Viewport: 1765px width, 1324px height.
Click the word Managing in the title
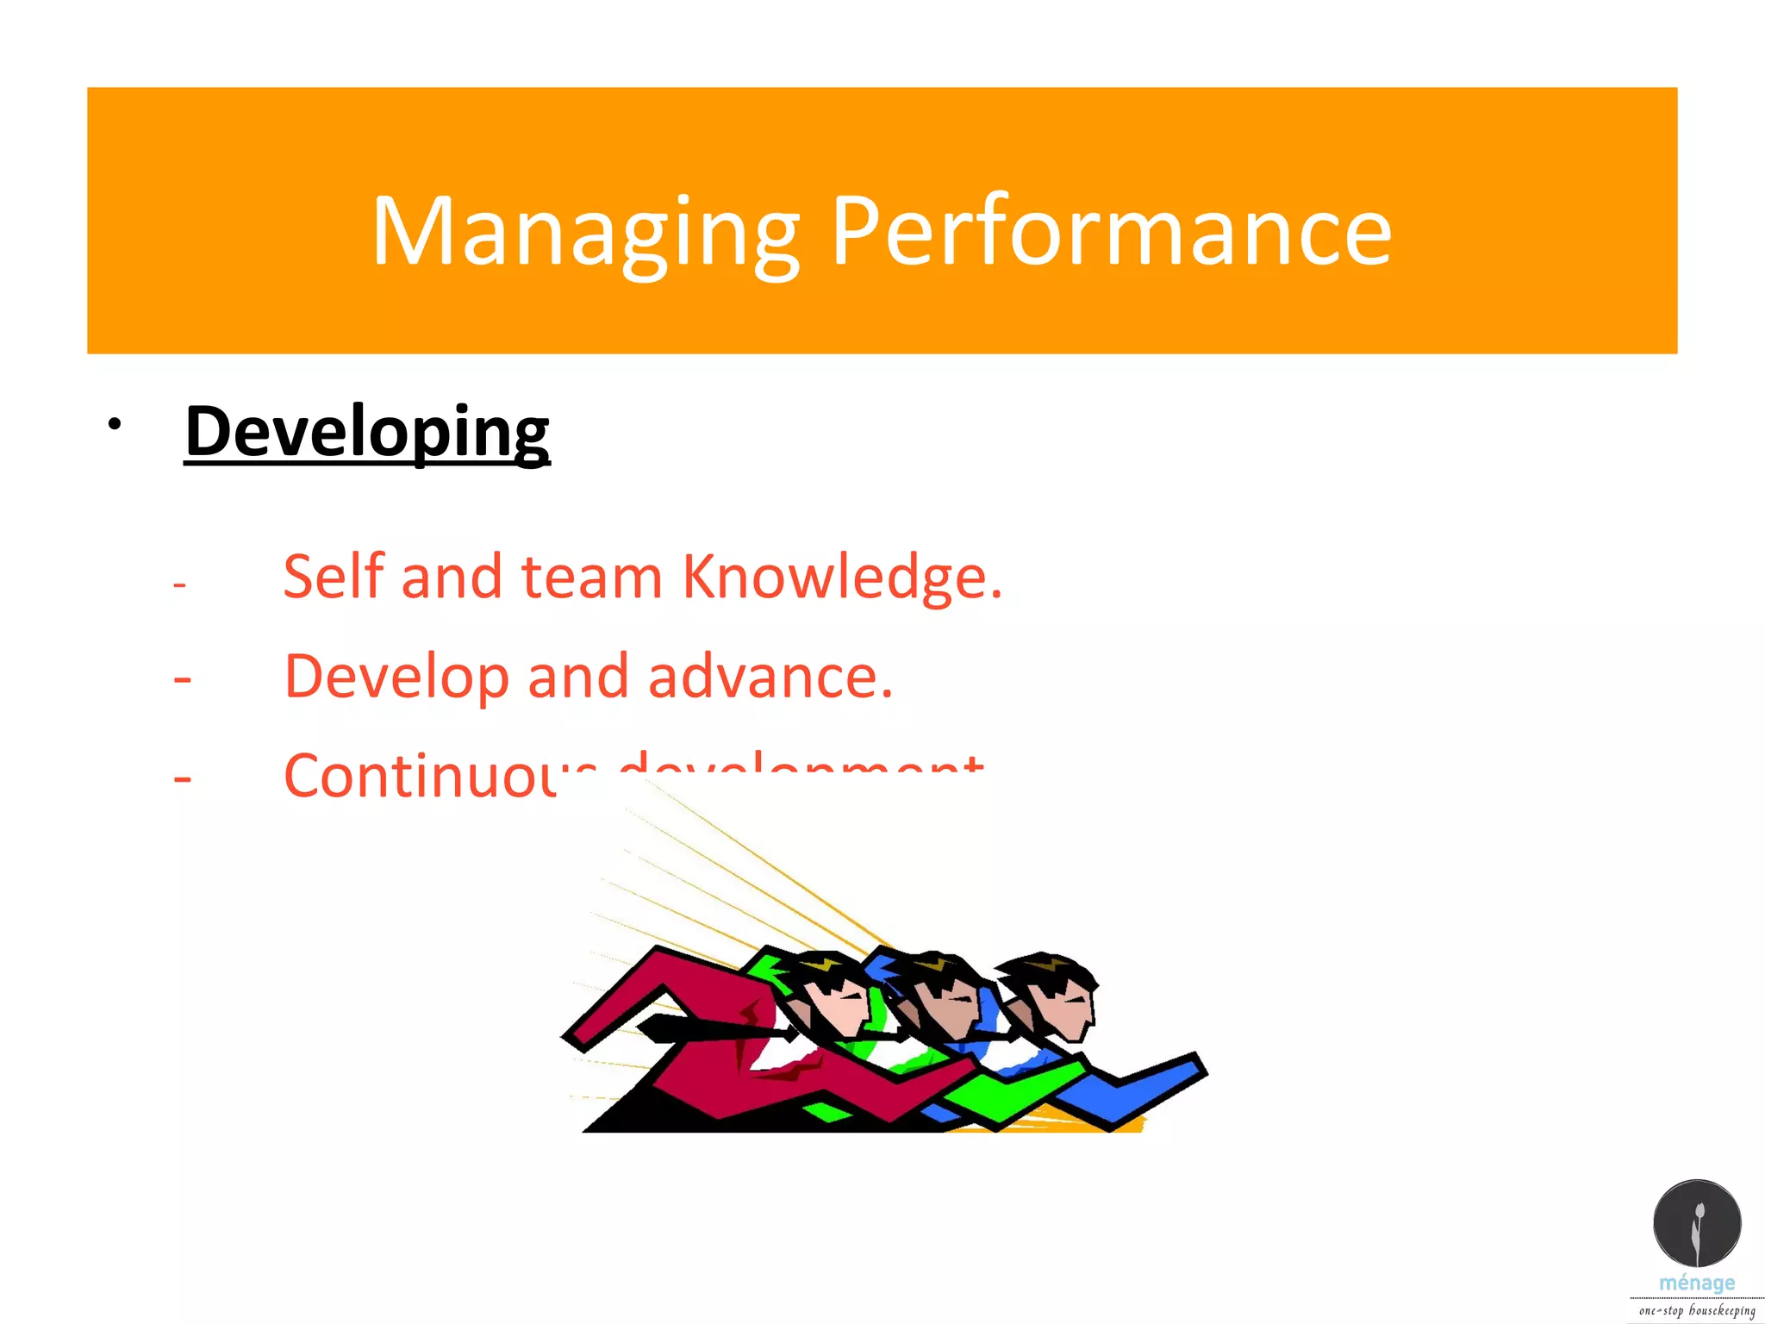(x=586, y=231)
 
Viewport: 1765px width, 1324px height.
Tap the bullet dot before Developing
(x=115, y=423)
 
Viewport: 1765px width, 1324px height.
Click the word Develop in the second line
(x=396, y=677)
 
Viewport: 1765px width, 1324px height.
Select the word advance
(x=769, y=677)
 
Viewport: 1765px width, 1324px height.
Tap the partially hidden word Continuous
(x=422, y=776)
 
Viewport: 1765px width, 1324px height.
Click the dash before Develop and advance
(x=182, y=680)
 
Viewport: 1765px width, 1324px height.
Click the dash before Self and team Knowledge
(x=179, y=585)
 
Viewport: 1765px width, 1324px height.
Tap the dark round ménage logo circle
(x=1697, y=1223)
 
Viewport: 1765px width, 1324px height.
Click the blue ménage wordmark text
(x=1697, y=1283)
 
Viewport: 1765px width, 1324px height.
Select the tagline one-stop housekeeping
(x=1697, y=1310)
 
